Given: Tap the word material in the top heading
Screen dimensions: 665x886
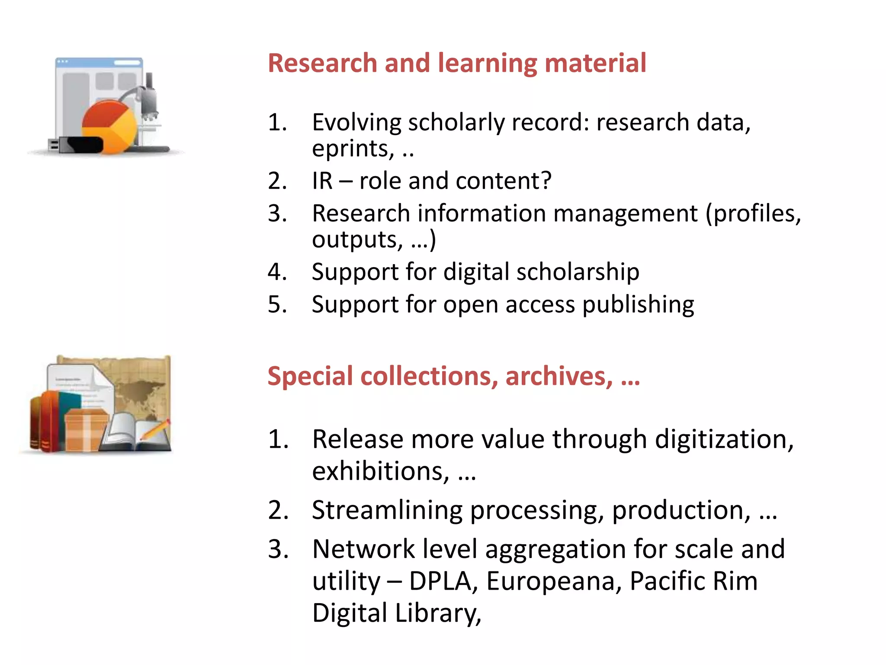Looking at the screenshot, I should (595, 63).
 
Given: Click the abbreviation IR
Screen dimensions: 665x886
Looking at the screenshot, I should (322, 181).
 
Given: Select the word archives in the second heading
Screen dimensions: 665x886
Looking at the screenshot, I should (559, 376).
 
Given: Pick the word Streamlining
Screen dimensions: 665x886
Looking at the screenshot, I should (387, 510).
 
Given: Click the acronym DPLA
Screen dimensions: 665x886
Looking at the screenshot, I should (440, 581).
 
